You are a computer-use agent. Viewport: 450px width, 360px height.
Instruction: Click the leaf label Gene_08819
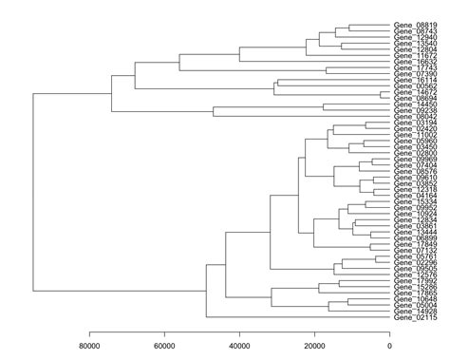[415, 27]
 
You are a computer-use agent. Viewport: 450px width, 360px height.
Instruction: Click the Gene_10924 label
[415, 215]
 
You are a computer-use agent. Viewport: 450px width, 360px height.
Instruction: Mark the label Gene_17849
[415, 244]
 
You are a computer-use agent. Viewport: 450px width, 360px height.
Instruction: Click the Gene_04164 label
[415, 196]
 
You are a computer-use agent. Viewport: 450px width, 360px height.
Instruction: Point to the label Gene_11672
[415, 56]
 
